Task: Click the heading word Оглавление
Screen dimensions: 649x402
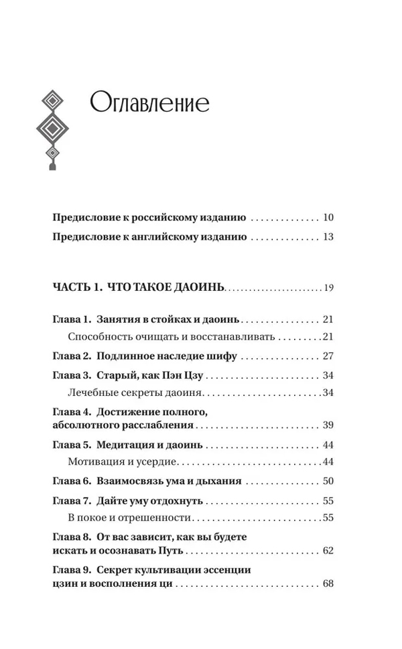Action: (x=149, y=104)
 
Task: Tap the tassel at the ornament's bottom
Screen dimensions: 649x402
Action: (x=52, y=161)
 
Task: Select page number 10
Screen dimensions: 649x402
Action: (x=328, y=218)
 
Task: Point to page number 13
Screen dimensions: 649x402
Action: (x=328, y=237)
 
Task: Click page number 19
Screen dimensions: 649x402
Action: (x=328, y=289)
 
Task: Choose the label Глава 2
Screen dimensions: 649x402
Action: (x=71, y=356)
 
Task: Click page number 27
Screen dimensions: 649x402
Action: (x=328, y=356)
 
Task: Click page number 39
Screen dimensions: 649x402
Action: (x=328, y=425)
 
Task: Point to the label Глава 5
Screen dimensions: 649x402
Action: (x=71, y=445)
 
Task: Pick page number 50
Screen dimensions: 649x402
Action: (x=328, y=481)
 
